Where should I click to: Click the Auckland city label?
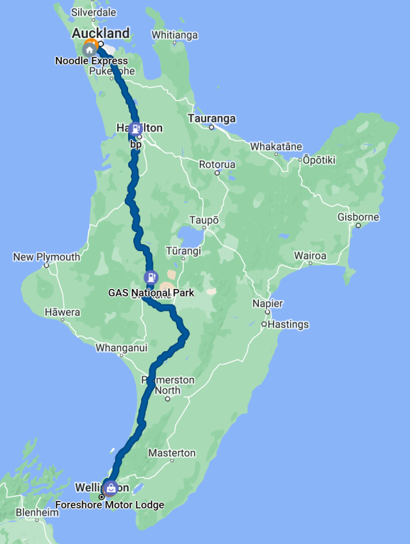point(101,33)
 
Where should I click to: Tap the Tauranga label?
point(211,119)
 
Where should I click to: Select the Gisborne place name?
point(358,217)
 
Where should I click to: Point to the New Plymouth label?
point(47,257)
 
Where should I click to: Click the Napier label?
point(268,303)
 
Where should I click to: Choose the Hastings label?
point(288,324)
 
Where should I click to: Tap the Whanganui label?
point(121,348)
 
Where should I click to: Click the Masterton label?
point(172,453)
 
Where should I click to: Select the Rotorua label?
point(217,165)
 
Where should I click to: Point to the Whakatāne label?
point(276,146)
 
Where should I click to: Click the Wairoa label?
point(310,256)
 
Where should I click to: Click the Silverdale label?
point(93,12)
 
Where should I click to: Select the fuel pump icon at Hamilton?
point(135,128)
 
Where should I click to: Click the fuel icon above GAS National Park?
point(151,278)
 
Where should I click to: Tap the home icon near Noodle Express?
point(89,49)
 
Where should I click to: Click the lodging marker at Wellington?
point(111,488)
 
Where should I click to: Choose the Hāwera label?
point(62,312)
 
